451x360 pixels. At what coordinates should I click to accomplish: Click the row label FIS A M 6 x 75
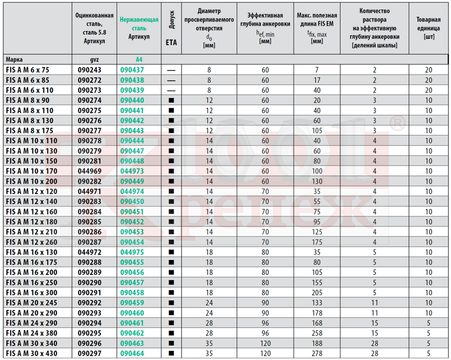(28, 70)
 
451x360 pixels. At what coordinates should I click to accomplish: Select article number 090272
(90, 80)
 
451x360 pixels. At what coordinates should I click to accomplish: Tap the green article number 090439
(132, 90)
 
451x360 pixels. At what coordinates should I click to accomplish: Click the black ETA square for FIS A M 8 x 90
(171, 100)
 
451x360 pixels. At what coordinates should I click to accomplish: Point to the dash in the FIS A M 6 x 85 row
(171, 81)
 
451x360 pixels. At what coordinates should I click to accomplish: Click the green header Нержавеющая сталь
(139, 24)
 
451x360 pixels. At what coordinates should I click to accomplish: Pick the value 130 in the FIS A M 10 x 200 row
(317, 181)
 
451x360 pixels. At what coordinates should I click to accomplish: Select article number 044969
(90, 171)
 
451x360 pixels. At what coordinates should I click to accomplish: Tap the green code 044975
(132, 252)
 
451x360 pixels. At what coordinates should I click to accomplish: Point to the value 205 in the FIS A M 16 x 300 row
(317, 293)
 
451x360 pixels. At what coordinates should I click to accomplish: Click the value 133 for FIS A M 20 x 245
(317, 303)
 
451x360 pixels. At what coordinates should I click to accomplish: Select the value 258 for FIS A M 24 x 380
(317, 333)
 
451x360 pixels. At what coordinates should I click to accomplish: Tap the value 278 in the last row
(317, 354)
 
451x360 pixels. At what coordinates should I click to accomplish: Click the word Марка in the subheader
(14, 60)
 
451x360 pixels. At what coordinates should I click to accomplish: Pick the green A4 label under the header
(139, 60)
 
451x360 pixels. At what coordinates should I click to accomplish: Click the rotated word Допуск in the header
(171, 20)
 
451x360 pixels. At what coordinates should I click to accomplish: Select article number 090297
(90, 354)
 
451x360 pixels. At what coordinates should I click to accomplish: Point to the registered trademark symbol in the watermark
(398, 123)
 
